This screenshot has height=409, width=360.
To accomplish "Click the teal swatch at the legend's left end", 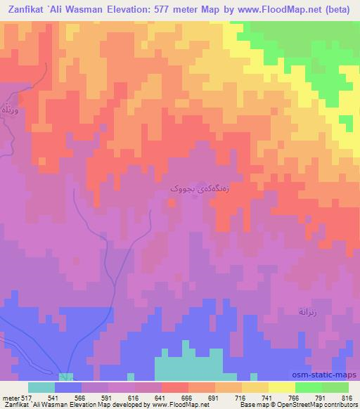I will coord(41,387).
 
